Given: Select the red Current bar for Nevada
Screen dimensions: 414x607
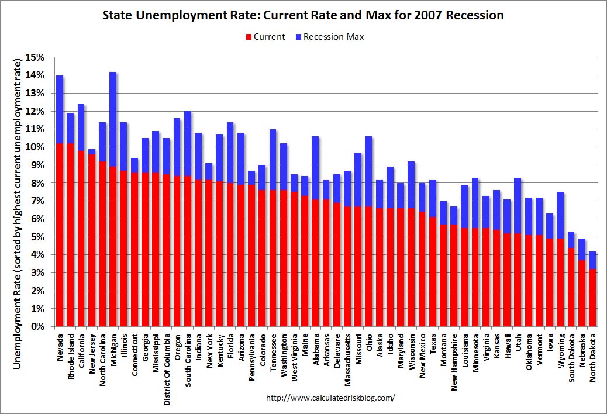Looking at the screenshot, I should [60, 234].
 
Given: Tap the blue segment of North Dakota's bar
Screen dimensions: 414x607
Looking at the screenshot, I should [593, 260].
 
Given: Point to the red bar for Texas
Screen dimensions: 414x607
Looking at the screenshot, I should [433, 271].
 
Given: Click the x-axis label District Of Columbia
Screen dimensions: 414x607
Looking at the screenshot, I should [167, 363].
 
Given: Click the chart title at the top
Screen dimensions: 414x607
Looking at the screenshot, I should [303, 15].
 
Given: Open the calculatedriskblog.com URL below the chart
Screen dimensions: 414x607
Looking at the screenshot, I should [330, 398].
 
